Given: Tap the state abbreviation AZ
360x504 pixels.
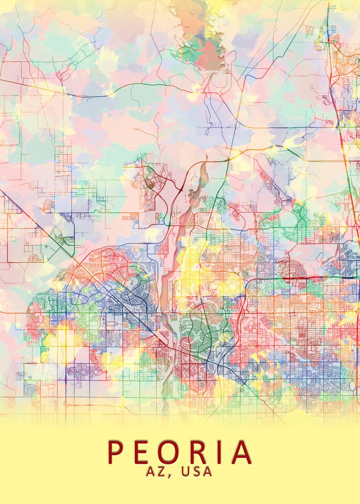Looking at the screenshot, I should tap(156, 472).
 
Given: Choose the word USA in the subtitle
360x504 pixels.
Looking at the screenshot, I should tap(197, 472).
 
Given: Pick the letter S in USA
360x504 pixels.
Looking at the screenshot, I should tap(197, 472).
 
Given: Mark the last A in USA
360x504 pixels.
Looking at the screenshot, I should tap(208, 472).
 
